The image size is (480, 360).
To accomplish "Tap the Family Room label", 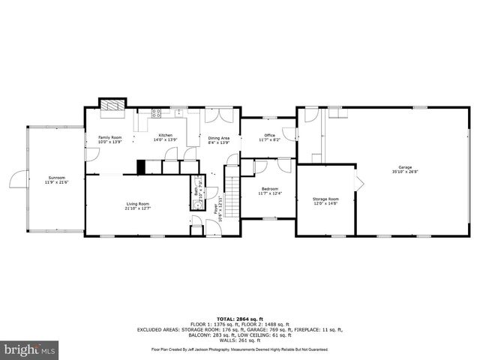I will [x=110, y=137].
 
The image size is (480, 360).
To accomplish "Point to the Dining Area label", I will [x=219, y=137].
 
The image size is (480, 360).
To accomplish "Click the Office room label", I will [x=269, y=135].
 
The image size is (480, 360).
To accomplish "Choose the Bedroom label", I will [x=269, y=188].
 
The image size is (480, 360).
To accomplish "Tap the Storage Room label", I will [x=325, y=199].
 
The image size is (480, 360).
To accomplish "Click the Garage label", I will [x=405, y=166].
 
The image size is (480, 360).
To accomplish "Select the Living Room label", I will [x=137, y=203].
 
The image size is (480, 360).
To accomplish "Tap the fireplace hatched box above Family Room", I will [x=114, y=106].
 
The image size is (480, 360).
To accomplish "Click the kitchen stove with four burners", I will [x=157, y=114].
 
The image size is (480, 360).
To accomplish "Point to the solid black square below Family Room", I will [x=140, y=167].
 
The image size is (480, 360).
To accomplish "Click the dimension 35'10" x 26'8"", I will [x=405, y=172].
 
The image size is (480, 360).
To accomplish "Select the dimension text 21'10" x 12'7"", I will [x=137, y=208].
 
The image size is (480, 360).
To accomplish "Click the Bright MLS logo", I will [x=29, y=350].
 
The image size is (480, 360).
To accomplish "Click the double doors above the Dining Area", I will [x=213, y=114].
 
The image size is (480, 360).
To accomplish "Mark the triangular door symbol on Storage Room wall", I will [x=359, y=184].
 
